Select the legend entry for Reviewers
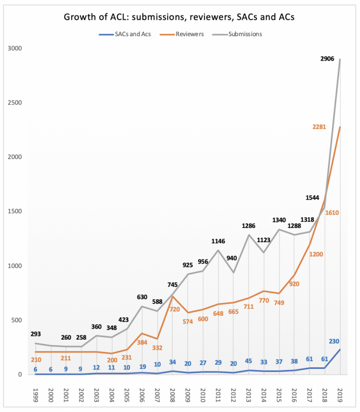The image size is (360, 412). (182, 34)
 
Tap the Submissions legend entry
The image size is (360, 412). (237, 34)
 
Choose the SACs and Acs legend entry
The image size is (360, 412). (125, 34)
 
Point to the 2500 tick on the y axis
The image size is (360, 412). (15, 103)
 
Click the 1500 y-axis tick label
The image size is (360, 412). (15, 211)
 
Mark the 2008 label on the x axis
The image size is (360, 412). (172, 395)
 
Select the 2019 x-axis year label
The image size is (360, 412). (340, 395)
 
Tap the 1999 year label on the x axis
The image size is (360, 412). (36, 395)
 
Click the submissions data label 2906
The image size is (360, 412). (327, 59)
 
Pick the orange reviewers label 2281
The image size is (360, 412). (319, 127)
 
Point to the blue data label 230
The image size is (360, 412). (334, 341)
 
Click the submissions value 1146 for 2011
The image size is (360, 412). (218, 241)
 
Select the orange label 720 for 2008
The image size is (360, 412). (175, 309)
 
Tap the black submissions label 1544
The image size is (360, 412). (313, 197)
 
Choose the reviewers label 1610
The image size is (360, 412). (332, 212)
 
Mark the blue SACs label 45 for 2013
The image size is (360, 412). (249, 361)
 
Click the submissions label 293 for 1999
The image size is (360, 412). (36, 334)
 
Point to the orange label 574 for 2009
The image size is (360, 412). (188, 322)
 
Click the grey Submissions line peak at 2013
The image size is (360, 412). (249, 235)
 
